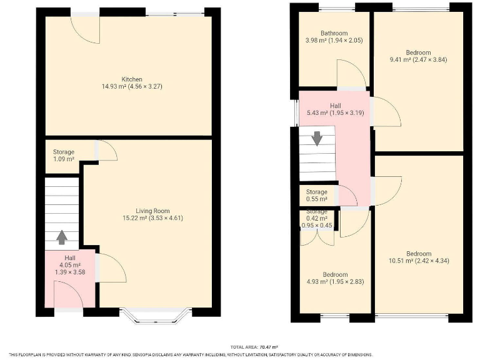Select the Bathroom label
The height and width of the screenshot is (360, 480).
pyautogui.click(x=334, y=33)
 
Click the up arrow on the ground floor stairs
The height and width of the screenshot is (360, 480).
pyautogui.click(x=61, y=237)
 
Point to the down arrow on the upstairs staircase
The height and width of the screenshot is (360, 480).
pyautogui.click(x=317, y=138)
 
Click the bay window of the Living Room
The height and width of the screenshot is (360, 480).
pyautogui.click(x=157, y=315)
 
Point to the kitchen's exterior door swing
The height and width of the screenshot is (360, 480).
pyautogui.click(x=85, y=30)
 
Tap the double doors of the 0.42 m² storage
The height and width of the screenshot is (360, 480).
pyautogui.click(x=317, y=237)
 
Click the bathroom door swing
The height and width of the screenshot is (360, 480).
pyautogui.click(x=350, y=74)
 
